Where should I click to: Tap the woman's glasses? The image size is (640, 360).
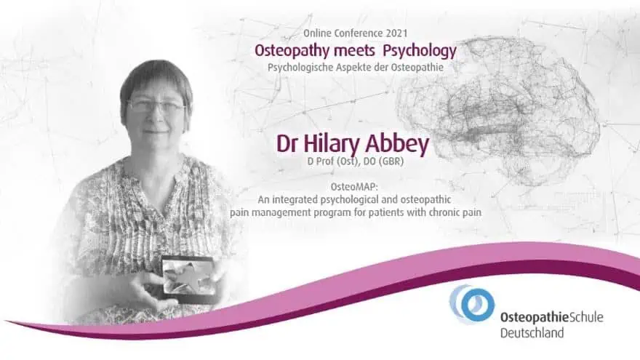tap(156, 106)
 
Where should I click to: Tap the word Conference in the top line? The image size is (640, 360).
tap(357, 34)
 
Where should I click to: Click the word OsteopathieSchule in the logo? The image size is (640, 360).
tap(551, 317)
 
